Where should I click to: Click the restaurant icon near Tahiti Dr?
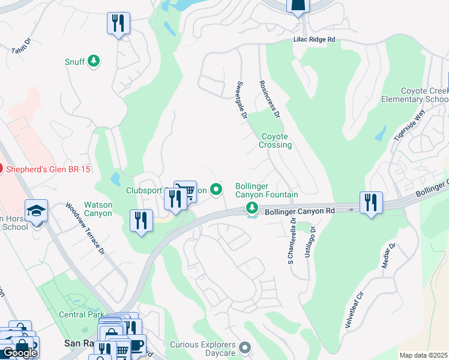[x=118, y=24]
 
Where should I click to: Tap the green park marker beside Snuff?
[x=93, y=61]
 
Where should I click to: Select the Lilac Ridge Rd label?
[x=314, y=39]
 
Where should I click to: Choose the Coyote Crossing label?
[x=276, y=140]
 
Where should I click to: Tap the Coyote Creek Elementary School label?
[x=415, y=94]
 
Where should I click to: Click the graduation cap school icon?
[x=37, y=211]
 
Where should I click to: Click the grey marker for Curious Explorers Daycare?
[x=244, y=347]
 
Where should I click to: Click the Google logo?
[x=20, y=353]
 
